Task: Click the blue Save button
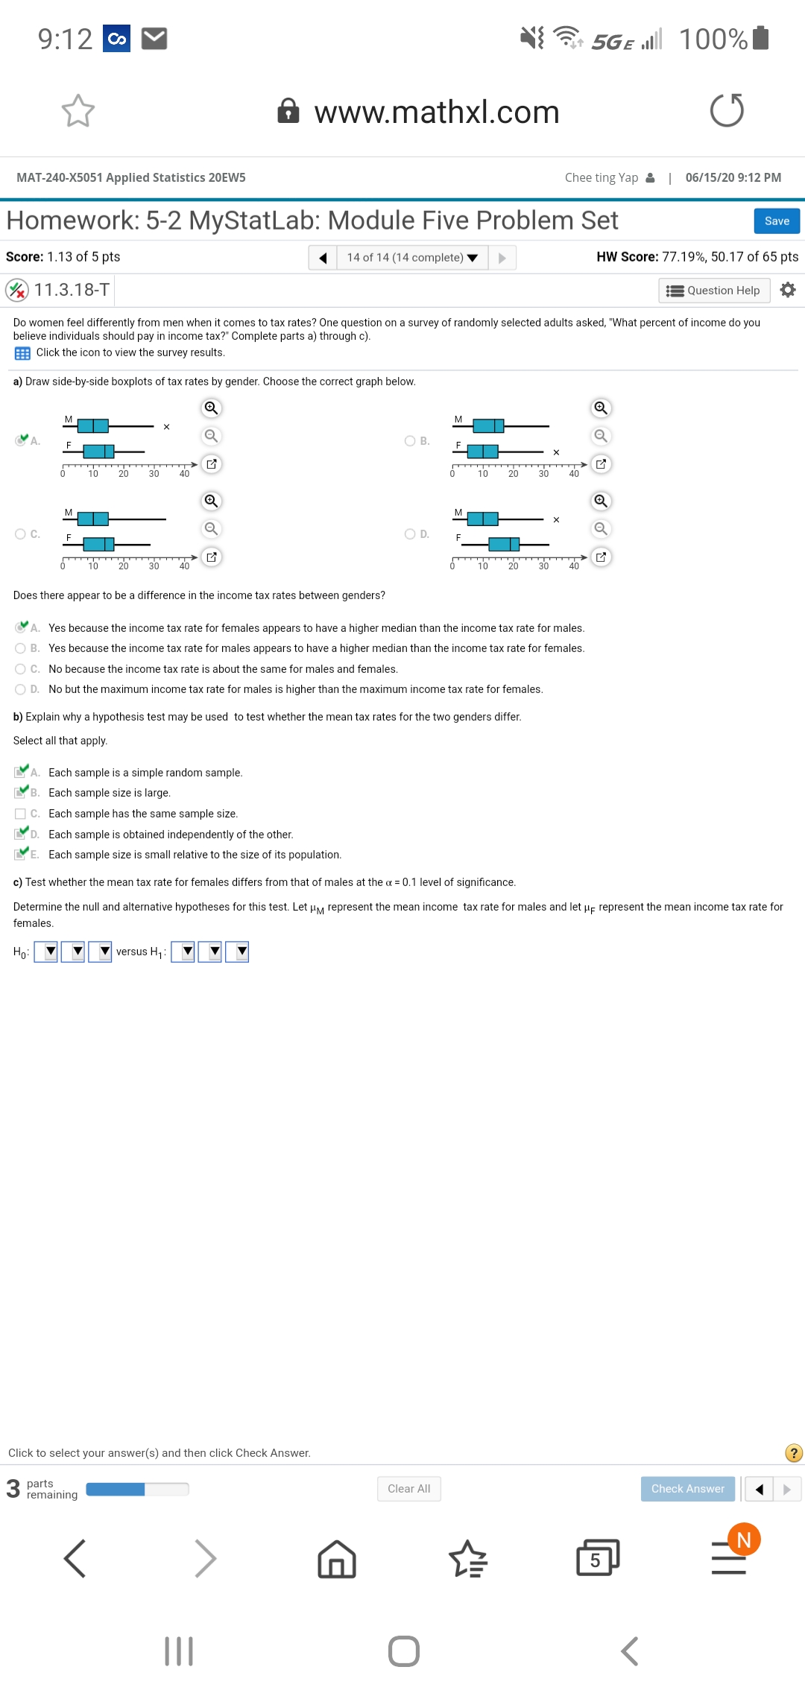pyautogui.click(x=777, y=221)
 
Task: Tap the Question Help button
pyautogui.click(x=714, y=291)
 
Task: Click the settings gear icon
pyautogui.click(x=788, y=290)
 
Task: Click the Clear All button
pyautogui.click(x=408, y=1488)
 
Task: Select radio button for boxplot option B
pyautogui.click(x=410, y=441)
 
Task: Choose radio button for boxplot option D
pyautogui.click(x=410, y=534)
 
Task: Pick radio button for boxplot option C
pyautogui.click(x=21, y=534)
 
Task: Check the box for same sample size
pyautogui.click(x=21, y=814)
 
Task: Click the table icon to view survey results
pyautogui.click(x=22, y=353)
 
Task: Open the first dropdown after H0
pyautogui.click(x=46, y=952)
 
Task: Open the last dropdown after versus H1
pyautogui.click(x=237, y=952)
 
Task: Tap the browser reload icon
pyautogui.click(x=727, y=111)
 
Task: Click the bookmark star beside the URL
pyautogui.click(x=78, y=111)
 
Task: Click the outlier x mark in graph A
pyautogui.click(x=166, y=427)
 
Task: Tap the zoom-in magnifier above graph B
pyautogui.click(x=600, y=408)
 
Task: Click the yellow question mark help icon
pyautogui.click(x=794, y=1452)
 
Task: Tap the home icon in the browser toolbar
pyautogui.click(x=337, y=1559)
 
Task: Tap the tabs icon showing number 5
pyautogui.click(x=597, y=1559)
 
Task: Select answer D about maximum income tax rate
pyautogui.click(x=21, y=689)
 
